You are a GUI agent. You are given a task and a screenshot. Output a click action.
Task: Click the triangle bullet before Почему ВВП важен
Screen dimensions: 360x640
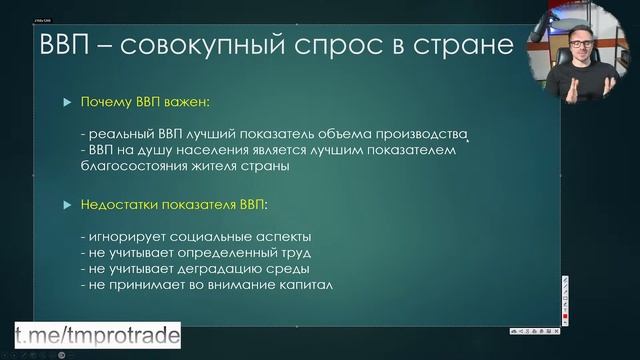[66, 103]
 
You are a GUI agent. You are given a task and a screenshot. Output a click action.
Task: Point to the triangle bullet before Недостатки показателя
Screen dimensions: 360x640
[66, 204]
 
